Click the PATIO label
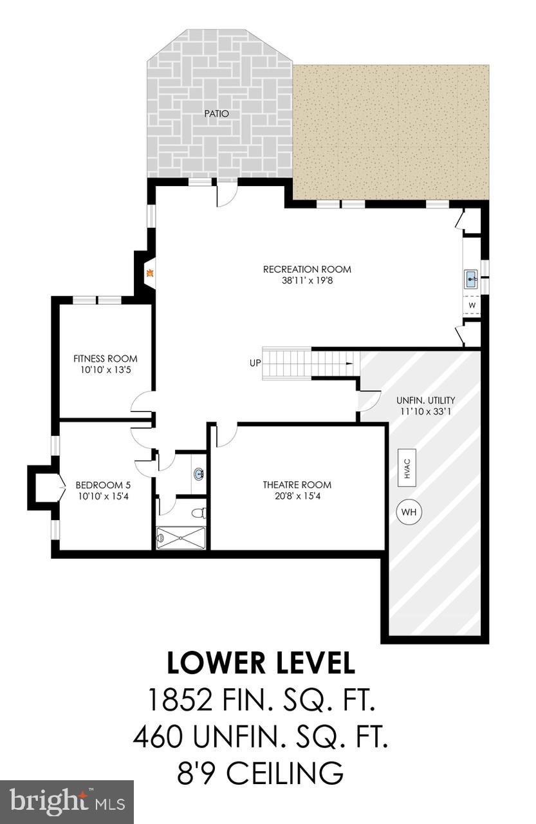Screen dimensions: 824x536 pyautogui.click(x=217, y=114)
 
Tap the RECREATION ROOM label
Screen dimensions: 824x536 pyautogui.click(x=307, y=270)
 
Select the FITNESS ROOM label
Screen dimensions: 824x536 pyautogui.click(x=105, y=359)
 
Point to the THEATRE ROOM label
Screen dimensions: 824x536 pyautogui.click(x=297, y=485)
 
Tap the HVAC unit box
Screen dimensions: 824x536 pyautogui.click(x=407, y=467)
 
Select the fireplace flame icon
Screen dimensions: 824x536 pyautogui.click(x=150, y=273)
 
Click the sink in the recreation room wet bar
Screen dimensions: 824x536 pyautogui.click(x=470, y=279)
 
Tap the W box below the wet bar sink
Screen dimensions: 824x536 pyautogui.click(x=472, y=305)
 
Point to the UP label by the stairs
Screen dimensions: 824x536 pyautogui.click(x=255, y=363)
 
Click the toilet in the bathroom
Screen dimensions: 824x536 pyautogui.click(x=201, y=513)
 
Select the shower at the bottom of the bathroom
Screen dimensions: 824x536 pyautogui.click(x=181, y=538)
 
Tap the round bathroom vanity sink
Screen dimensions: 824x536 pyautogui.click(x=198, y=475)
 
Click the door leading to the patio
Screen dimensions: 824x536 pyautogui.click(x=226, y=194)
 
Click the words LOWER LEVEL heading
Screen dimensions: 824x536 pyautogui.click(x=261, y=663)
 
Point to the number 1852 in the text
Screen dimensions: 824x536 pyautogui.click(x=180, y=699)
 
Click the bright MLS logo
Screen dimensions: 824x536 pyautogui.click(x=66, y=801)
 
